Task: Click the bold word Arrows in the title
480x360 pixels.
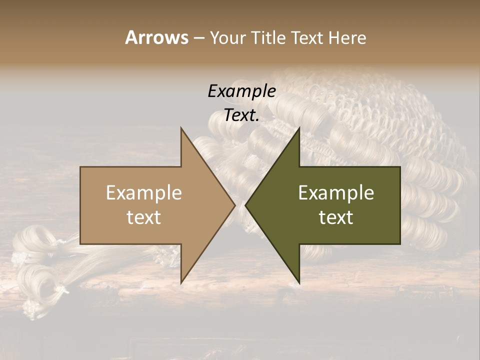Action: pos(156,37)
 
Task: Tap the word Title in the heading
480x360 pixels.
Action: pos(269,37)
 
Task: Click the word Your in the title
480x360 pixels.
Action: pos(228,37)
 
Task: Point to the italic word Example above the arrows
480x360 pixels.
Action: pos(241,91)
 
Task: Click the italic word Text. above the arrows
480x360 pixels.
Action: pos(241,115)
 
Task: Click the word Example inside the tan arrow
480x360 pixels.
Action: pos(144,192)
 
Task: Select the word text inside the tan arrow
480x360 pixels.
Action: pos(144,217)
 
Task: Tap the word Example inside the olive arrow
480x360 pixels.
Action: pos(336,192)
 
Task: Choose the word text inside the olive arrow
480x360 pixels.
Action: pos(336,217)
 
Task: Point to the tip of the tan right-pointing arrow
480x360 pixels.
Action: pos(235,205)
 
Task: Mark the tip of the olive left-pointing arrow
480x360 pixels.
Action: pos(245,205)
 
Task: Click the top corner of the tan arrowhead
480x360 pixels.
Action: pos(181,127)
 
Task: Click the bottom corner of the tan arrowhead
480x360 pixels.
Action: pos(181,283)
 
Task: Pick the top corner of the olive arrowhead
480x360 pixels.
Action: pos(299,127)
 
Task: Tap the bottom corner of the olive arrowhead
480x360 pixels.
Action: pos(299,283)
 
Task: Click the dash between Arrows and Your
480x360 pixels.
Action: pos(198,38)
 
